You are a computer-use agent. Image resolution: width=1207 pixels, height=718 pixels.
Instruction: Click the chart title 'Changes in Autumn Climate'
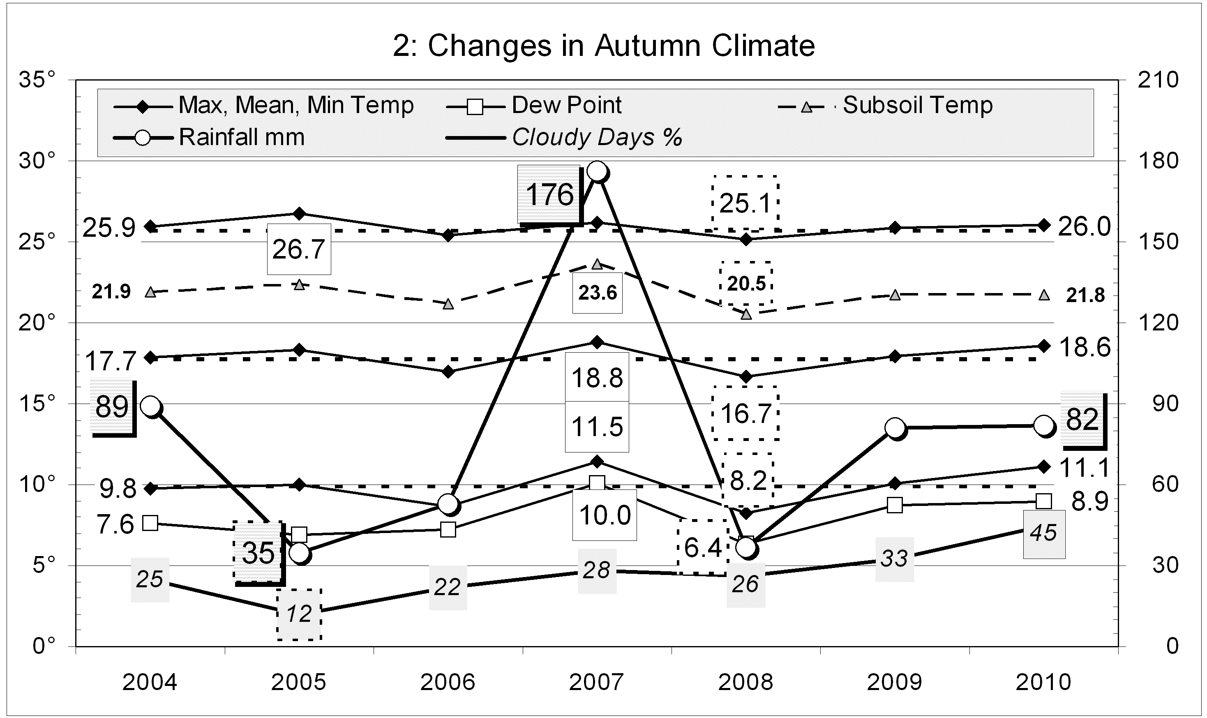604,46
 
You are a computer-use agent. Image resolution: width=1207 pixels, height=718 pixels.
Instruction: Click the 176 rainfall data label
549,194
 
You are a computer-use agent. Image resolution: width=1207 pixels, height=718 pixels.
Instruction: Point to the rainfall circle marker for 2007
598,172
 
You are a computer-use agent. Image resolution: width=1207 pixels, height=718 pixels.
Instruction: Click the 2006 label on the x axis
448,683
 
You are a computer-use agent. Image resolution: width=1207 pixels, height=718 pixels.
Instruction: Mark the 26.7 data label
298,249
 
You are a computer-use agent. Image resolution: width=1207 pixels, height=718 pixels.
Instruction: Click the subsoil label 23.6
598,293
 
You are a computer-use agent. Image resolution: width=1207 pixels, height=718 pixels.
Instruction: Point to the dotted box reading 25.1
745,203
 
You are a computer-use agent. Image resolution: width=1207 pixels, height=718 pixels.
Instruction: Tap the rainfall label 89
112,407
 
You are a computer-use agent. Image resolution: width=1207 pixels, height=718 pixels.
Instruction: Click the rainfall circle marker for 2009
895,428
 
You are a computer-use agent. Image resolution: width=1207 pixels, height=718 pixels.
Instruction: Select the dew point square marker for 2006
448,529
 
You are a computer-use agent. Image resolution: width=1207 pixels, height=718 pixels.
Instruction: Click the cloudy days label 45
1043,533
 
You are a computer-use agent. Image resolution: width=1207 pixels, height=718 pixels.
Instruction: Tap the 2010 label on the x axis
1043,683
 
